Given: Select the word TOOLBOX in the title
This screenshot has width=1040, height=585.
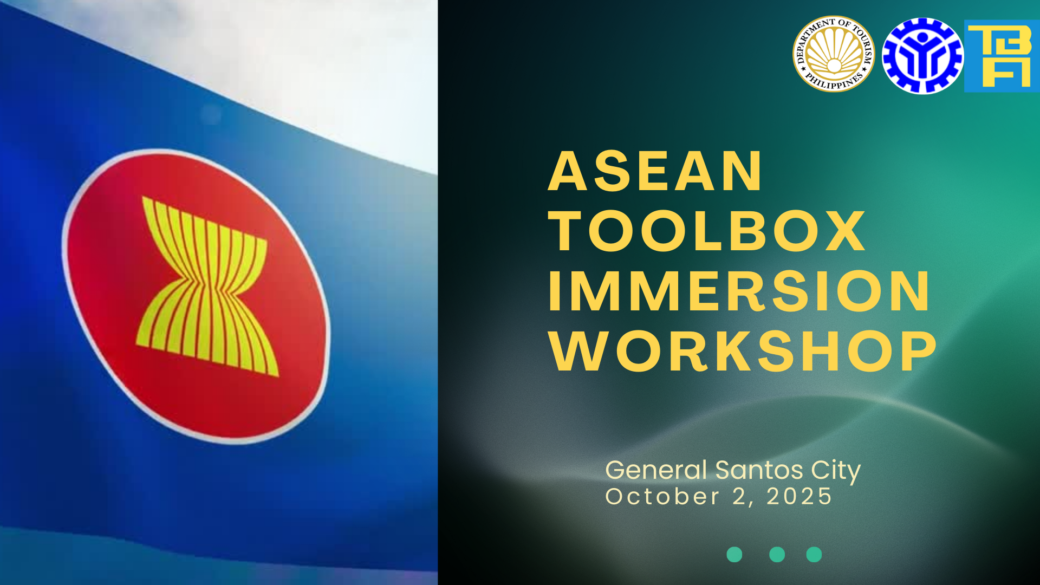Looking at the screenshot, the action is point(707,231).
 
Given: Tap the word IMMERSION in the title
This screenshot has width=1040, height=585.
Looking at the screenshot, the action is point(739,291).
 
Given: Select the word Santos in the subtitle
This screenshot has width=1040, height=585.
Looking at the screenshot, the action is point(759,470).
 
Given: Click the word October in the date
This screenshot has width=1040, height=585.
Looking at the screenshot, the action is point(662,496).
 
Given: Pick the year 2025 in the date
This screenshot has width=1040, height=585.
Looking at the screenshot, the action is point(799,496).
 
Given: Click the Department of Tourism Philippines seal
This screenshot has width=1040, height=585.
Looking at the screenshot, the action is point(834,54).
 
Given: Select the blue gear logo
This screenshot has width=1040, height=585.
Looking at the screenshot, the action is point(922,56).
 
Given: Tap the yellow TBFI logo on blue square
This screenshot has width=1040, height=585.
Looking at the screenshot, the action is point(1002,56).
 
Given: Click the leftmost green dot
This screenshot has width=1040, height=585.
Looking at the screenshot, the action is point(734,555).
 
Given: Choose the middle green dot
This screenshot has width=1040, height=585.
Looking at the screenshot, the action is point(777,555).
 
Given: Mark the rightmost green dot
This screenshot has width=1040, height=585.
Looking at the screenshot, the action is point(814,555).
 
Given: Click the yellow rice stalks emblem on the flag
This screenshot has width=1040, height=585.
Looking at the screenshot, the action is point(207,286).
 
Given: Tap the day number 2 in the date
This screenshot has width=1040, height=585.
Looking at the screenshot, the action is point(740,496).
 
